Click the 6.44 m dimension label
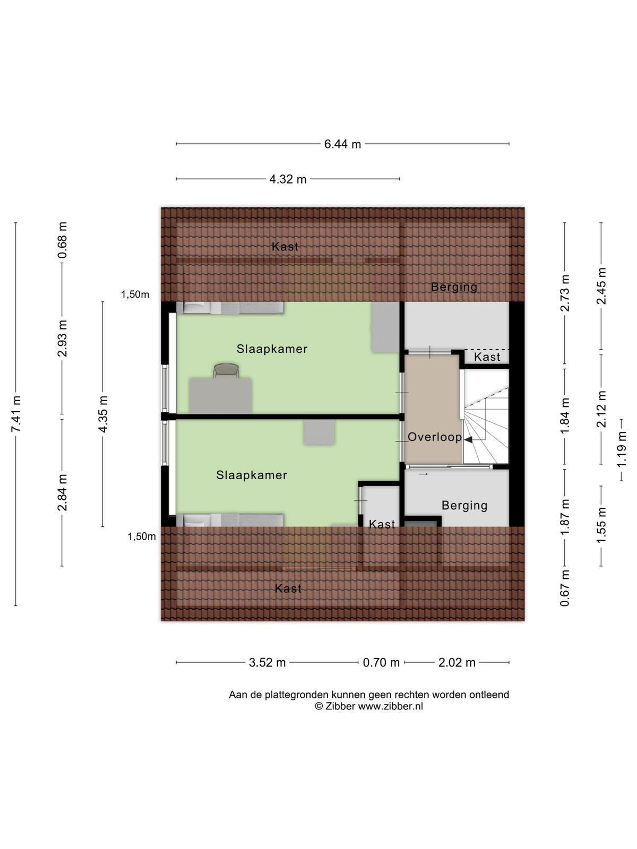(x=342, y=144)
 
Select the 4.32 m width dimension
(x=288, y=179)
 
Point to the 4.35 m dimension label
(x=103, y=414)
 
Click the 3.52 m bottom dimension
(x=267, y=663)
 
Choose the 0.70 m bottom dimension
(x=381, y=663)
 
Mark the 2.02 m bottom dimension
(x=457, y=663)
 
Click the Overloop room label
(x=435, y=437)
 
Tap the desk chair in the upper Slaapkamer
(x=226, y=370)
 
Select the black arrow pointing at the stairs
(x=468, y=440)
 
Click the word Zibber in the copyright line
(x=340, y=706)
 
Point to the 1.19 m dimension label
(x=622, y=449)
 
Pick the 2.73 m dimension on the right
(x=565, y=293)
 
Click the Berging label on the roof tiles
(x=454, y=287)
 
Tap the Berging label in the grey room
(x=464, y=506)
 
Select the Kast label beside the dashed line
(x=487, y=357)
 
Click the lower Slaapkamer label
(x=252, y=475)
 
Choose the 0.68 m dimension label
(x=62, y=240)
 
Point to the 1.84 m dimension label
(x=565, y=416)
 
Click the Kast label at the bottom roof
(x=288, y=588)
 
